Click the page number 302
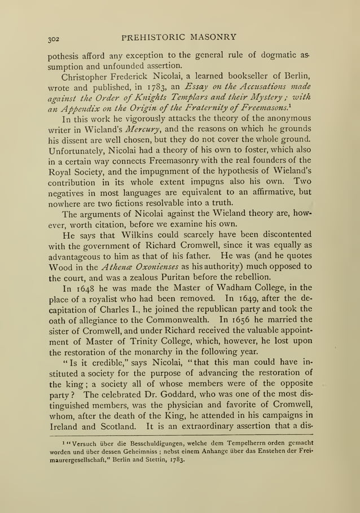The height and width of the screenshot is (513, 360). pos(55,40)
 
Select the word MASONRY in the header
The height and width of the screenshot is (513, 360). pos(214,37)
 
